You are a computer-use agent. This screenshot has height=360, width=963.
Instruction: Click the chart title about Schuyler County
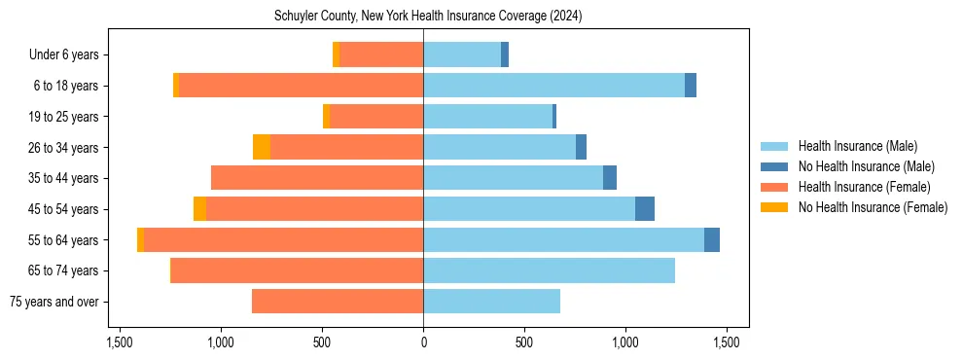[423, 16]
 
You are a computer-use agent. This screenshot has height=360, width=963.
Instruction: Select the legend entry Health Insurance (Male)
[857, 146]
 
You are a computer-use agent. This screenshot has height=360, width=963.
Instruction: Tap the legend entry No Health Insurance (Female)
[873, 207]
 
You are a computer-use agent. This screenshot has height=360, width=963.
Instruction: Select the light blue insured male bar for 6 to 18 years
[553, 86]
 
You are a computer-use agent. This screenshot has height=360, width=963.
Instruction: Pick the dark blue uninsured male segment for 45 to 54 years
[645, 209]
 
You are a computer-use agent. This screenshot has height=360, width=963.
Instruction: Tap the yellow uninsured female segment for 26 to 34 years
[262, 147]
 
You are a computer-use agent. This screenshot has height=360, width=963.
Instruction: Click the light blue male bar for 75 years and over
[491, 302]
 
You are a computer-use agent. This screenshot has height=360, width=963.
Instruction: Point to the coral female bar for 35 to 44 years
[317, 178]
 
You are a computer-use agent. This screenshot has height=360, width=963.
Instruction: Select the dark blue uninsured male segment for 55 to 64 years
[712, 239]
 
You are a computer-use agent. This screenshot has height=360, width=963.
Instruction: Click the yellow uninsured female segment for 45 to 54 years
[199, 209]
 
